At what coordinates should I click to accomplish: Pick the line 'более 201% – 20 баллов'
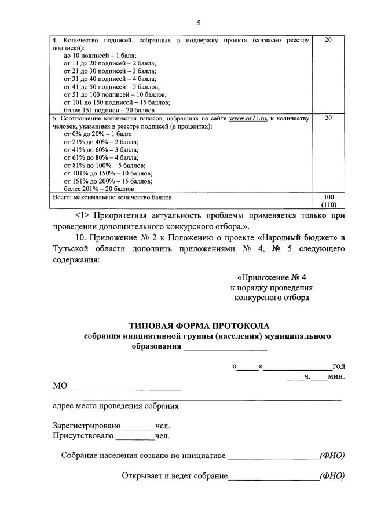click(x=99, y=188)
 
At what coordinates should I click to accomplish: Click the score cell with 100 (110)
click(x=328, y=200)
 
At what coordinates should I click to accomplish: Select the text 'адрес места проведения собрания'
click(x=116, y=406)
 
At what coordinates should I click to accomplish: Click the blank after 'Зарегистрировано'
click(x=137, y=427)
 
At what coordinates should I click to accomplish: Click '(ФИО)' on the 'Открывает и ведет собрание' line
click(x=332, y=477)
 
